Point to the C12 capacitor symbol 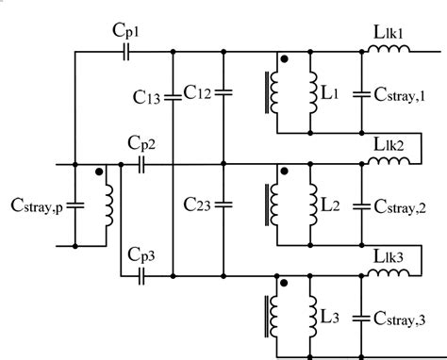tap(222, 92)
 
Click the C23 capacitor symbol tap(222, 204)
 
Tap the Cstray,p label tap(35, 205)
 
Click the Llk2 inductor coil tap(388, 164)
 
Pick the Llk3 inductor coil tap(388, 274)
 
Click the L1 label tap(330, 94)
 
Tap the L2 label tap(330, 205)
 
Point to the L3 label tap(330, 316)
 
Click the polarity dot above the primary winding tap(98, 172)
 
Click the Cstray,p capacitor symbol tap(76, 205)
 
